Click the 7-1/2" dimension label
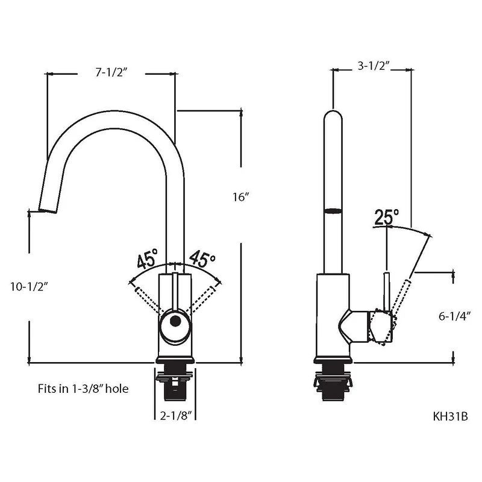(x=111, y=72)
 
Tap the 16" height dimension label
(x=240, y=197)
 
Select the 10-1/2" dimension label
(x=29, y=287)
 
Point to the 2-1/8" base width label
(x=176, y=416)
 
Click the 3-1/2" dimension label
(x=374, y=66)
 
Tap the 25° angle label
(x=387, y=217)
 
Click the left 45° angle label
(x=147, y=259)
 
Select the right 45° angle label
(x=202, y=259)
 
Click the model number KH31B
(x=450, y=416)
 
